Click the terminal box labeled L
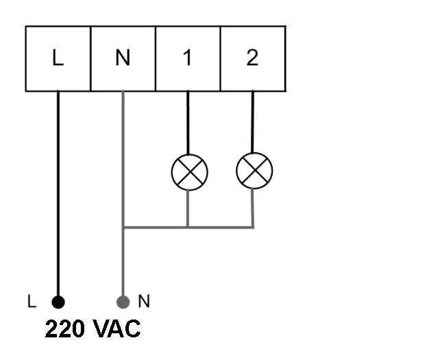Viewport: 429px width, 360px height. (58, 59)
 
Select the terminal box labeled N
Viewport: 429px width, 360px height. (123, 59)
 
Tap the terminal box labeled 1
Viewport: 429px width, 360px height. (188, 59)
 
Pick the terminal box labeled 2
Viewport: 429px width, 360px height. (252, 59)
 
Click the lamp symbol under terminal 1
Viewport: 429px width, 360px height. (188, 171)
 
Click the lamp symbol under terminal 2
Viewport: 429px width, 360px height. (254, 171)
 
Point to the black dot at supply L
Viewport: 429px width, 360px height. (58, 302)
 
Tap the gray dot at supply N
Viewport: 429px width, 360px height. (123, 302)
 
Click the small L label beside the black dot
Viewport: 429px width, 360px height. (31, 302)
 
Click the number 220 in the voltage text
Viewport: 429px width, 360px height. (65, 329)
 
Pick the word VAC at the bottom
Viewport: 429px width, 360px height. (117, 329)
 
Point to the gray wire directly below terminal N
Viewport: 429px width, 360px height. (123, 158)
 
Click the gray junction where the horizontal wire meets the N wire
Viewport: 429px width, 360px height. (123, 227)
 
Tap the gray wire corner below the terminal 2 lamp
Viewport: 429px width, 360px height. (253, 227)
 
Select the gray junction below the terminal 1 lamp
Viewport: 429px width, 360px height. (188, 227)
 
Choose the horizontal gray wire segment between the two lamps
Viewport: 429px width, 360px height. (221, 227)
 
